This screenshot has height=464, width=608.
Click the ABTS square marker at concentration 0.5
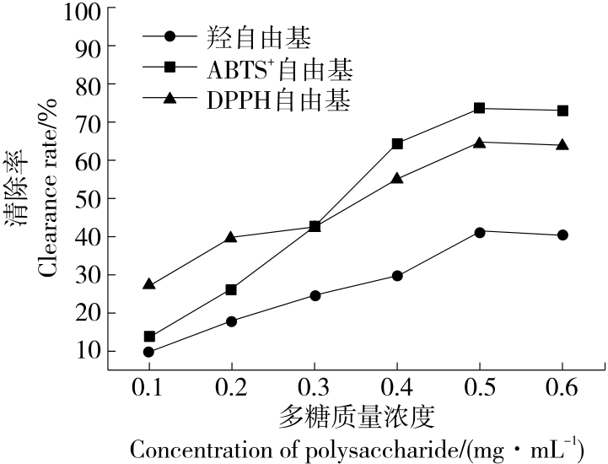[480, 108]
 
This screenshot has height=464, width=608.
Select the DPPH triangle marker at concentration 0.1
[149, 284]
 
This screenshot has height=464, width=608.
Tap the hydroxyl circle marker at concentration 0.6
[562, 235]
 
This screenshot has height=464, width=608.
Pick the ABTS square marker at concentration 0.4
[397, 143]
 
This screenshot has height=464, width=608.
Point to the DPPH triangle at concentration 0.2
[232, 237]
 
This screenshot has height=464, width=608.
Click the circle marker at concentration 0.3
[315, 295]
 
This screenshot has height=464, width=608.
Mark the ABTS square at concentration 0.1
[149, 337]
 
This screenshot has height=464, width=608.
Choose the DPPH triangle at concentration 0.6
[562, 144]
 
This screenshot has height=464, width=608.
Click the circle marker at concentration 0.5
[480, 232]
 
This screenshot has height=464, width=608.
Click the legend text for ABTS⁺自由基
[279, 68]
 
